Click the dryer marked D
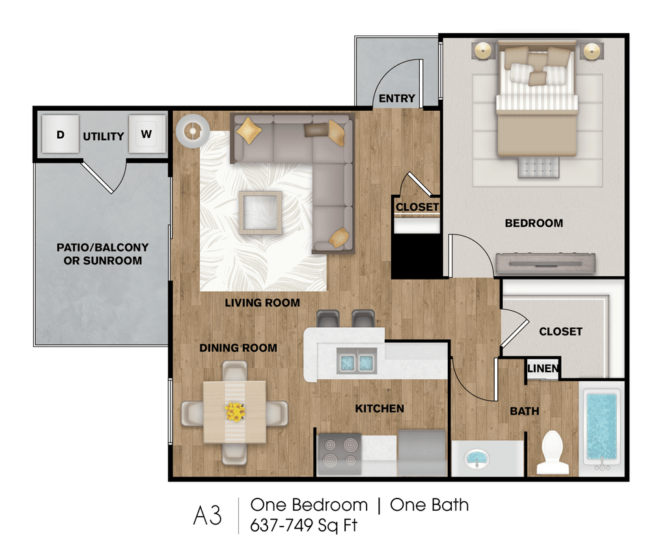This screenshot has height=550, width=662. click(x=61, y=134)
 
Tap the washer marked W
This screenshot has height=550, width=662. click(x=146, y=134)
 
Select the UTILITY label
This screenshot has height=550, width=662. click(x=103, y=136)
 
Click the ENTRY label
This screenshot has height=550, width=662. click(x=397, y=98)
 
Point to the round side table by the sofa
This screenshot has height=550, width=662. click(x=193, y=131)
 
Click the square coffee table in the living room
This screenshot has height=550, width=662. click(x=260, y=212)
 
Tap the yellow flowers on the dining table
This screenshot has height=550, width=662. click(x=235, y=412)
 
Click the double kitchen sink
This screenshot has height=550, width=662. click(x=356, y=361)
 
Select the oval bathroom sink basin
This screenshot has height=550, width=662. click(x=478, y=458)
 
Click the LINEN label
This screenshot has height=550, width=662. click(x=543, y=369)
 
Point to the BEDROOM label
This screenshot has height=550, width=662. click(x=534, y=223)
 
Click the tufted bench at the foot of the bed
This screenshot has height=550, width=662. click(x=538, y=167)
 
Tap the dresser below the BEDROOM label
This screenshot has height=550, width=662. click(x=545, y=263)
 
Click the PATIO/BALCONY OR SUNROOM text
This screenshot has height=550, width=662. click(x=102, y=254)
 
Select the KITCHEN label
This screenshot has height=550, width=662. click(x=379, y=409)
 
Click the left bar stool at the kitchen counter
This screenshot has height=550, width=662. click(x=328, y=319)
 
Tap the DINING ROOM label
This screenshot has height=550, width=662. click(x=238, y=348)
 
